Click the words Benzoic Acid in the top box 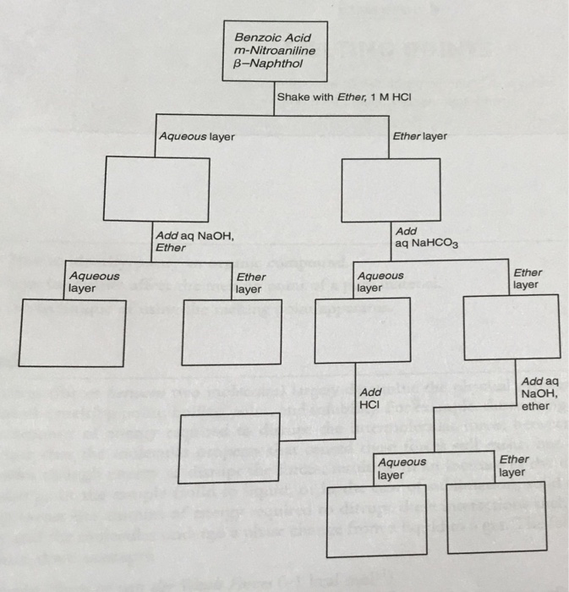click(x=272, y=37)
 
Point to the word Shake click(x=293, y=97)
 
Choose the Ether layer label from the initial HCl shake click(x=420, y=136)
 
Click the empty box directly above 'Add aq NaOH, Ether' click(x=156, y=189)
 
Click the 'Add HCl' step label click(x=370, y=400)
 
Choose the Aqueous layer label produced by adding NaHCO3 click(x=380, y=282)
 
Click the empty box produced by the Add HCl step click(x=228, y=447)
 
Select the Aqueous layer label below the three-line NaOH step click(x=402, y=469)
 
